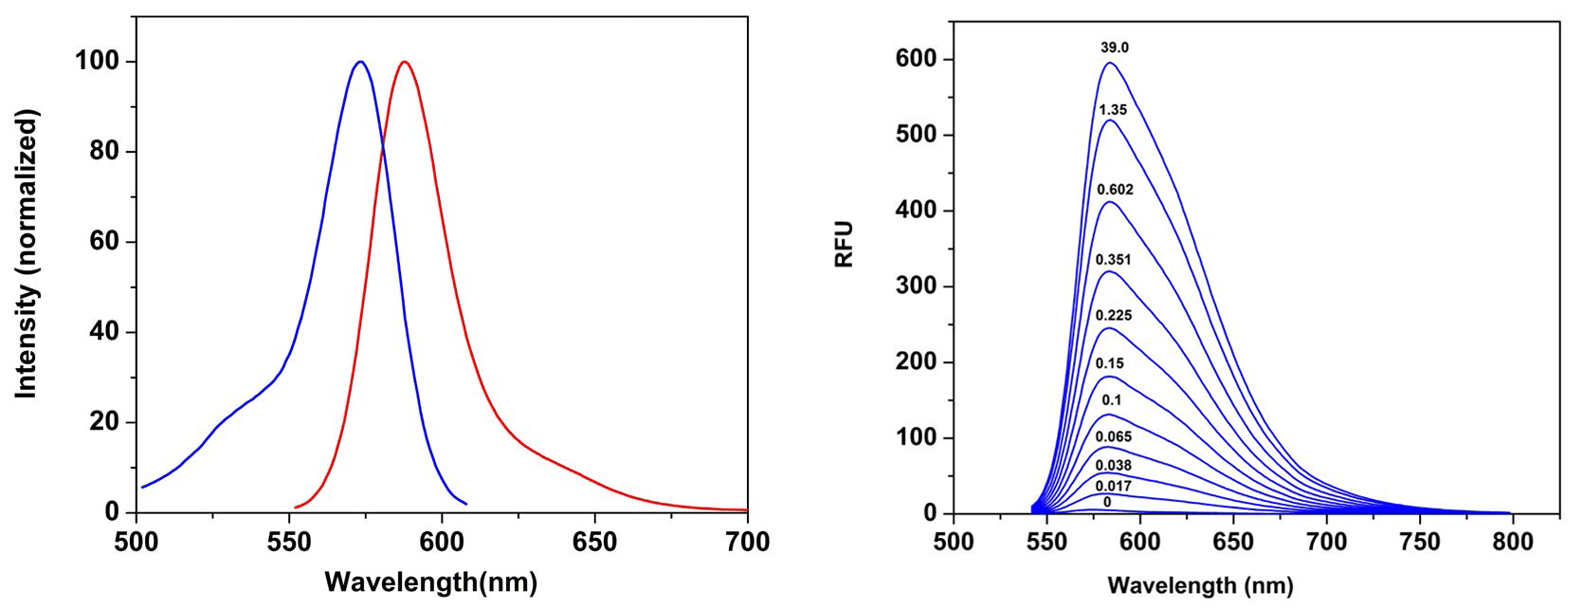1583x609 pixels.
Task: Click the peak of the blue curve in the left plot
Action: (360, 62)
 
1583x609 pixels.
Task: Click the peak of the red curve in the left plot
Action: (405, 62)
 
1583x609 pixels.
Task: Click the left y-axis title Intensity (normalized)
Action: (27, 256)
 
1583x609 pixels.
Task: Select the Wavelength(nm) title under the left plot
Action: (430, 581)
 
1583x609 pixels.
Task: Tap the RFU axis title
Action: (845, 244)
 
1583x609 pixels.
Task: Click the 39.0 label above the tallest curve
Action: (1114, 47)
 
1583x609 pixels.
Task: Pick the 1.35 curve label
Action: (1114, 110)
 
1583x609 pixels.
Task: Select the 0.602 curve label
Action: (1115, 190)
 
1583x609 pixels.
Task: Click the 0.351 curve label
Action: (1114, 260)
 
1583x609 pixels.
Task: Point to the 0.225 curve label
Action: (1114, 316)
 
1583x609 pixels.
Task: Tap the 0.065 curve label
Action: (1114, 436)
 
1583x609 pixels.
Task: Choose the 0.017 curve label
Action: (1114, 484)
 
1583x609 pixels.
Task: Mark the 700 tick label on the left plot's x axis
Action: (747, 543)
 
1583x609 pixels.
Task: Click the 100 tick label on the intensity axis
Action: (98, 62)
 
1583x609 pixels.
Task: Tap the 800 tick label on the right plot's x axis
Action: (1513, 543)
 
